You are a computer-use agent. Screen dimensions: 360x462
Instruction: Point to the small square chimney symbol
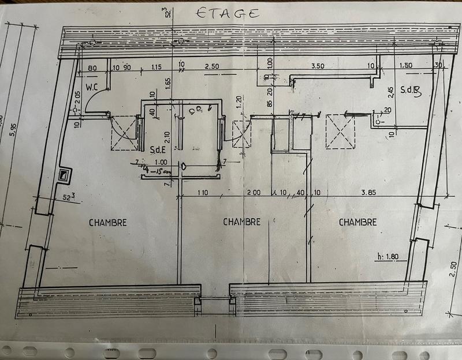(x=64, y=174)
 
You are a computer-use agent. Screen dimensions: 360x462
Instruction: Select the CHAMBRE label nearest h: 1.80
(x=357, y=222)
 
